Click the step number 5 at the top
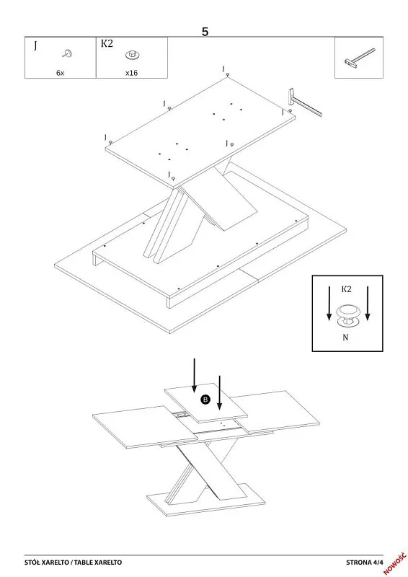click(205, 32)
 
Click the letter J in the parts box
click(35, 45)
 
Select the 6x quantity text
click(60, 73)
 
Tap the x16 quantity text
click(131, 73)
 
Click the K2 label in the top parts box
click(107, 43)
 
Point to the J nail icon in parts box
click(67, 53)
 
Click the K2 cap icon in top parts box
click(133, 56)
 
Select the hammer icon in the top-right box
click(360, 58)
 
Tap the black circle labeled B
click(205, 400)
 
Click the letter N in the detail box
click(345, 337)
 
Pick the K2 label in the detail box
click(346, 289)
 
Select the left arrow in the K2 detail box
click(329, 303)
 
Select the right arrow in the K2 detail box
click(368, 303)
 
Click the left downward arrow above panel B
click(194, 375)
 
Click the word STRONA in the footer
click(359, 563)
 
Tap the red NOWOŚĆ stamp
click(395, 563)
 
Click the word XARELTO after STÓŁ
click(56, 563)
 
